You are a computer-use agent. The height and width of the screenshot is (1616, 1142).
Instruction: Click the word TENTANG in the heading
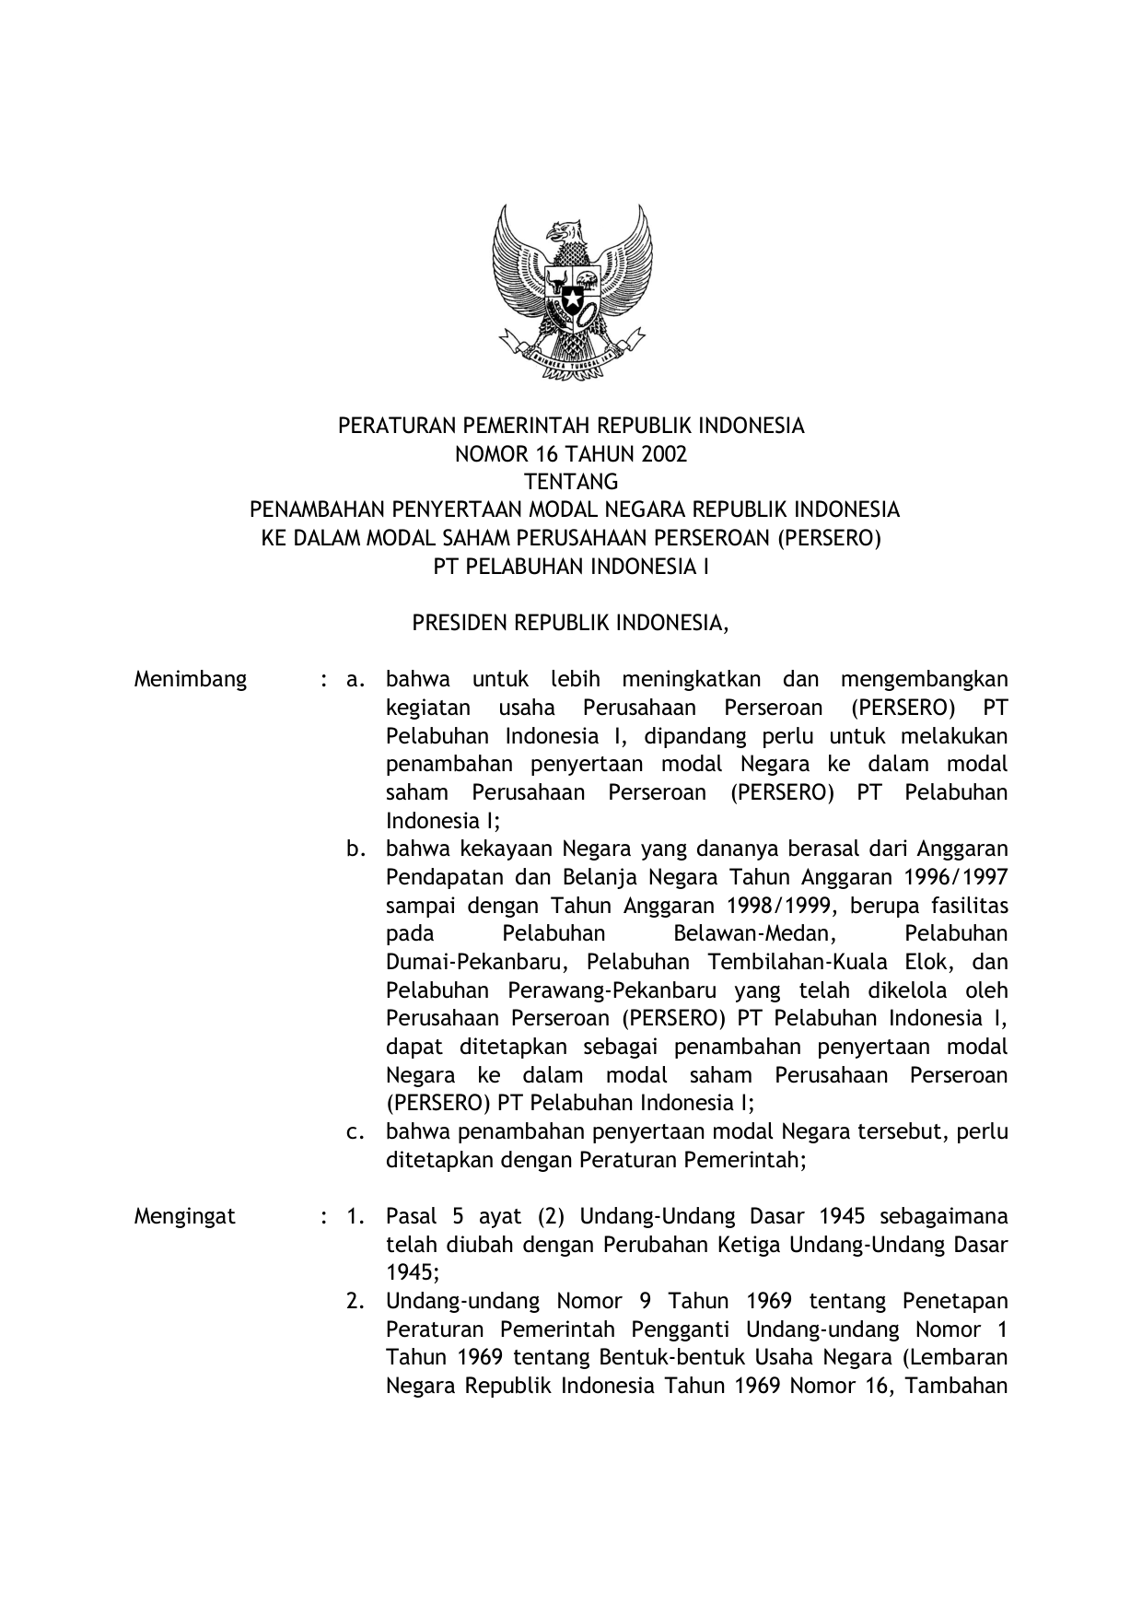point(571,482)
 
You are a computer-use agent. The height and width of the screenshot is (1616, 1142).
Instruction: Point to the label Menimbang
point(191,680)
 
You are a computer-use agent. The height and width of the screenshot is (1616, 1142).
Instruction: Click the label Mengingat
point(185,1216)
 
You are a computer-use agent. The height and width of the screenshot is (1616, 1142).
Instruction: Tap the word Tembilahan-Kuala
point(810,962)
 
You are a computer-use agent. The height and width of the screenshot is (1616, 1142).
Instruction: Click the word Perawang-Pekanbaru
point(607,990)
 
